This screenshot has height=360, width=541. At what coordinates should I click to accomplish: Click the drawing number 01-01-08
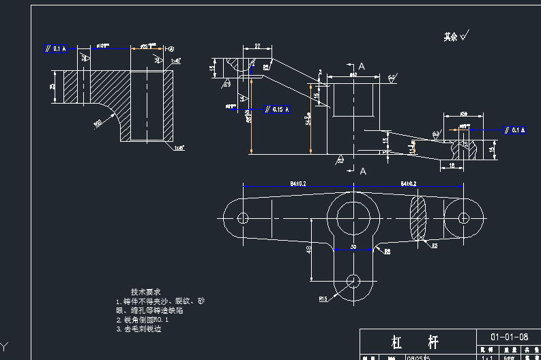[509, 337]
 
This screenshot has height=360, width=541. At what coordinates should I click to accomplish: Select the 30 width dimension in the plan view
[353, 245]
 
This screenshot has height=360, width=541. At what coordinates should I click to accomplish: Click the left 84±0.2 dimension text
[297, 184]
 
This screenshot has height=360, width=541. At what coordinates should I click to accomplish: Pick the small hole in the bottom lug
[353, 280]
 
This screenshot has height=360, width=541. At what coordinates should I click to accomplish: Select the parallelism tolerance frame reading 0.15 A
[276, 109]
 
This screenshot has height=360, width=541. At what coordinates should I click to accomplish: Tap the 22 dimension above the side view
[258, 46]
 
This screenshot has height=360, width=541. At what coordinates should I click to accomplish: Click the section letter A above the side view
[362, 66]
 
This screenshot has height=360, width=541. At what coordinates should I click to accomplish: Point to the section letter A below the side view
[362, 170]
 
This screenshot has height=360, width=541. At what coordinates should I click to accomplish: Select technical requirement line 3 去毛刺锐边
[143, 329]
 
